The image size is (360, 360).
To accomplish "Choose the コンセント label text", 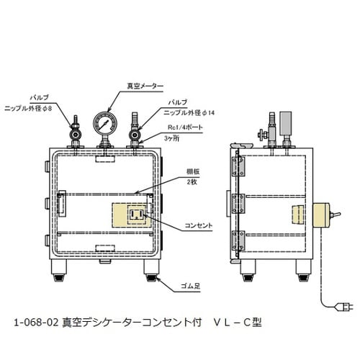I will (196, 225).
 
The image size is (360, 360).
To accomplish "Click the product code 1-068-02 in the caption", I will (36, 323).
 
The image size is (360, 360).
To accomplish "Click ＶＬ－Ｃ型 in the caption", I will (237, 323).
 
